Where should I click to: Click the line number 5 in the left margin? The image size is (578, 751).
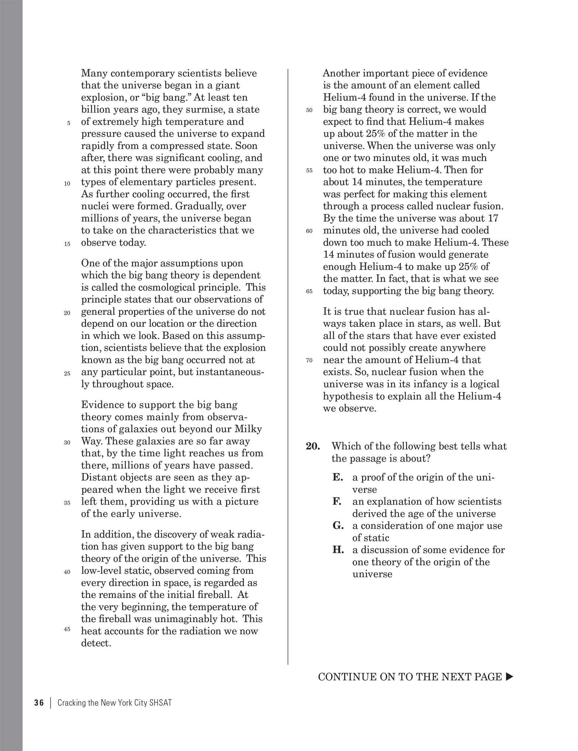coord(69,123)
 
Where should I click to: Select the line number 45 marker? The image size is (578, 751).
coord(67,629)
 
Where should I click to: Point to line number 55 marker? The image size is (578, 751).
coord(309,171)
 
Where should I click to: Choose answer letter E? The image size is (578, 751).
coord(338,478)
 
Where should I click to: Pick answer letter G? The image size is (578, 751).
coord(338,526)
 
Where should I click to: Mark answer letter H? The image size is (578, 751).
coord(338,550)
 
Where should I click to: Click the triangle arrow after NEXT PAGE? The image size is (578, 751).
coord(509,677)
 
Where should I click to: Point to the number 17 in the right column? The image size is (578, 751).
coord(493,219)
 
